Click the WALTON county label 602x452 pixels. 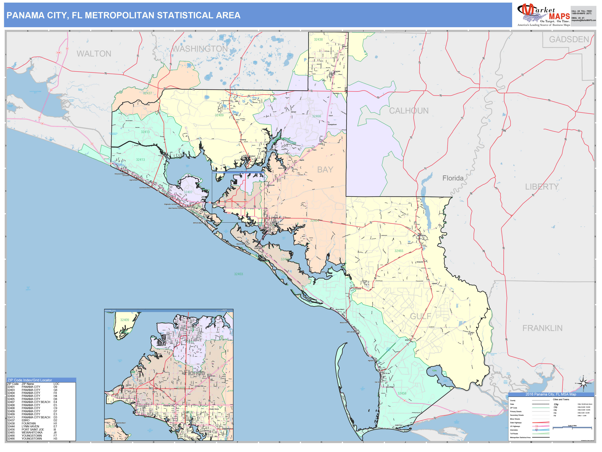pyautogui.click(x=94, y=54)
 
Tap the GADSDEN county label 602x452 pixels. pyautogui.click(x=569, y=40)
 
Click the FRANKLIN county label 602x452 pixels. pyautogui.click(x=542, y=328)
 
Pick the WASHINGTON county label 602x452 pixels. pyautogui.click(x=200, y=49)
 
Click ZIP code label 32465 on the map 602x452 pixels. pyautogui.click(x=399, y=251)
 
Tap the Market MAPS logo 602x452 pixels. pyautogui.click(x=543, y=15)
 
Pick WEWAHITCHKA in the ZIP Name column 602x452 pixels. pyautogui.click(x=32, y=432)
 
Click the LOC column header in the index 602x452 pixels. pyautogui.click(x=56, y=384)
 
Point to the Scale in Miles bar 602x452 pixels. pyautogui.click(x=572, y=427)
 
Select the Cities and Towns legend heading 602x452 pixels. pyautogui.click(x=561, y=399)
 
